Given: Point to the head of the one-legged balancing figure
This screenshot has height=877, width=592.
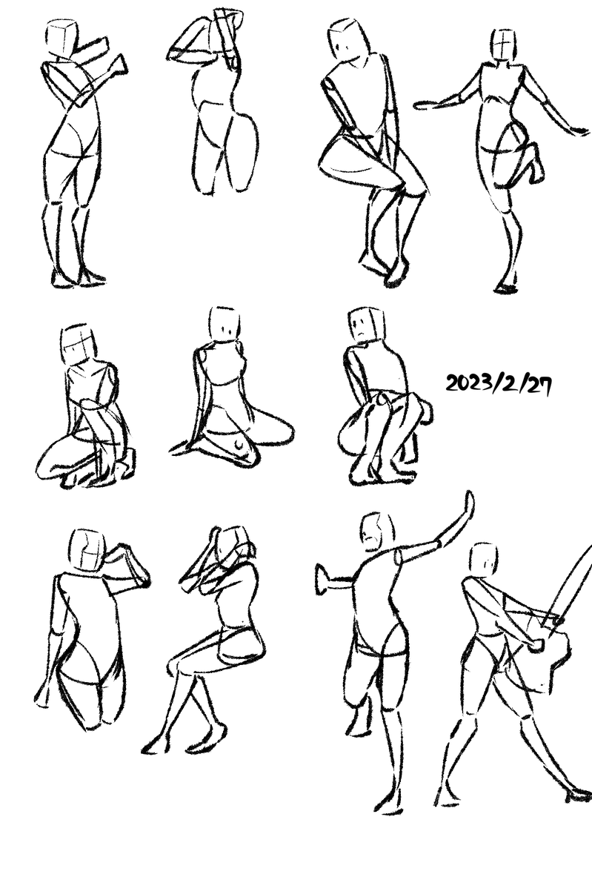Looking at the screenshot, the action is pos(504,44).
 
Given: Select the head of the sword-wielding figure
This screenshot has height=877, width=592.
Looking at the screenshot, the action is pos(484,559).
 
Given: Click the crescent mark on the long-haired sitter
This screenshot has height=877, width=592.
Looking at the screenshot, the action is pos(240,445).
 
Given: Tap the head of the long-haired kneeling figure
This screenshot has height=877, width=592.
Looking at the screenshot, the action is pos(225,323).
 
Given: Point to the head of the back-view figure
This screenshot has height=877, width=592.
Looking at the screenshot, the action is pos(87,550).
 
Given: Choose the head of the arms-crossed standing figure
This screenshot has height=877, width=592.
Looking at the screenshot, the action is pos(61,38).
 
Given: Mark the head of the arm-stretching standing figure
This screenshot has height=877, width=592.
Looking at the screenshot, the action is pos(377,532).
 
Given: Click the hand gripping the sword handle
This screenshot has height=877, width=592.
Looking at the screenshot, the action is pos(536,645).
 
